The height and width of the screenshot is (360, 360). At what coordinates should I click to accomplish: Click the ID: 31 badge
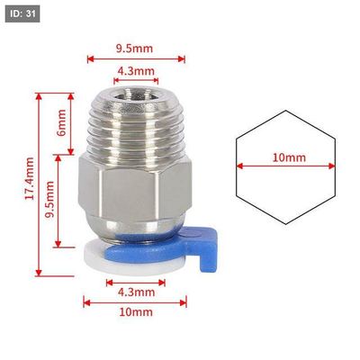coord(22,13)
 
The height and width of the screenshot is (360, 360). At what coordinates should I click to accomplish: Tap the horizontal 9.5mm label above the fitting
coord(135,48)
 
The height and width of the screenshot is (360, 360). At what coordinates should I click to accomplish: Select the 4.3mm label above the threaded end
coord(136,71)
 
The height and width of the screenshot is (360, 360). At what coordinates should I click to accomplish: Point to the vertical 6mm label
coord(61,122)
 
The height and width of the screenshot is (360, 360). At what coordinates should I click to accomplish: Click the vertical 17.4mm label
coord(30,178)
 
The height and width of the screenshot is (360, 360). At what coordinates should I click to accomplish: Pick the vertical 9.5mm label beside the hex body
coord(49,199)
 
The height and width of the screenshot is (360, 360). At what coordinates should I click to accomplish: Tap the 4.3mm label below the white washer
coord(136,292)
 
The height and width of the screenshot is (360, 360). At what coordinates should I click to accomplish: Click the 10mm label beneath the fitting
coord(136,312)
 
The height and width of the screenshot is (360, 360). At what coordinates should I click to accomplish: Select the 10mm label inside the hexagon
coord(289,157)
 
